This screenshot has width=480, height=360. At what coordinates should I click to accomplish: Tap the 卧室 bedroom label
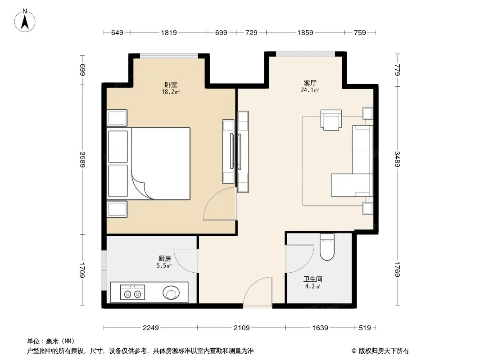pos(171,85)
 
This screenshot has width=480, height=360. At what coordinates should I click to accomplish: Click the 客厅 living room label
pos(310,83)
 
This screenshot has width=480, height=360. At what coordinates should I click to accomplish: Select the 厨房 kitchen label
pos(165,258)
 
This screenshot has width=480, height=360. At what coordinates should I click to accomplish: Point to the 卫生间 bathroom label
pos(312,279)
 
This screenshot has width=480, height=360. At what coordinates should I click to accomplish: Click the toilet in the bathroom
pos(327,247)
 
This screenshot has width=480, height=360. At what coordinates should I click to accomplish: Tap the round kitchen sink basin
pos(171,292)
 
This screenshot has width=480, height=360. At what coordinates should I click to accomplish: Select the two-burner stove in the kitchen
pos(132,292)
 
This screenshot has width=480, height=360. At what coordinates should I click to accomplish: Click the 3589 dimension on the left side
pos(82,159)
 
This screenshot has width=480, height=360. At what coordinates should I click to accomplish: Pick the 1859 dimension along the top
pos(305,32)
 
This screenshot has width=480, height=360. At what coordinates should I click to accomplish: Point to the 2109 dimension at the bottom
pos(241,328)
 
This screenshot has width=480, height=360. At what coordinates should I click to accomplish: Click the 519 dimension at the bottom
pos(365,328)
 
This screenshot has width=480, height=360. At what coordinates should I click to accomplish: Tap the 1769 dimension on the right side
pos(397,269)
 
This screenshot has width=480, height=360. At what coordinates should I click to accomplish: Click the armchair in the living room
pos(331,120)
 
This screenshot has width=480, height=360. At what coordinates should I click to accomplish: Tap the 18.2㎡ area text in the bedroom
pos(171,92)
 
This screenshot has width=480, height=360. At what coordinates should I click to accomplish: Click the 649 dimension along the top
pos(117,32)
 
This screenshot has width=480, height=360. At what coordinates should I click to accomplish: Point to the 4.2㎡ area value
pos(312,286)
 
